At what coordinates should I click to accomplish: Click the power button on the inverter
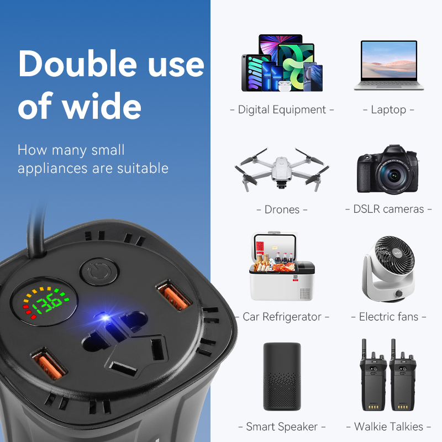click(x=99, y=272)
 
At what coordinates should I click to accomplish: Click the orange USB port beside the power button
click(x=174, y=294)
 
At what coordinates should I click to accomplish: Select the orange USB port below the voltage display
click(x=49, y=364)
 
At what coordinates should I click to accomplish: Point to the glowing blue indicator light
click(x=106, y=318)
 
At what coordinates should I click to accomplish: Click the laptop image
click(x=389, y=65)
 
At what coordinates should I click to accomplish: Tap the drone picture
click(x=282, y=169)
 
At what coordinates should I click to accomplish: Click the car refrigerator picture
click(x=282, y=266)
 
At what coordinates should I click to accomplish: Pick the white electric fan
click(x=388, y=269)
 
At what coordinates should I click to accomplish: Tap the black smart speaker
click(x=282, y=377)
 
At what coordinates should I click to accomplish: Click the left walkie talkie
click(x=373, y=376)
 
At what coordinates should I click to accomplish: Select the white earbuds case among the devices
click(x=285, y=86)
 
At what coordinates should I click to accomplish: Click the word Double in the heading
click(x=77, y=64)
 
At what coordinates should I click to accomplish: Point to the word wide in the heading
click(x=102, y=106)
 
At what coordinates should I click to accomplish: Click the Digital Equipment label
click(x=282, y=109)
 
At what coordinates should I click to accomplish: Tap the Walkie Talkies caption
click(x=388, y=427)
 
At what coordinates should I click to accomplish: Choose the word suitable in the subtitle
click(x=143, y=169)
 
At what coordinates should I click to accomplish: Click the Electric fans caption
click(x=388, y=317)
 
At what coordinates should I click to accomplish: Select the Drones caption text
click(x=282, y=209)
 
